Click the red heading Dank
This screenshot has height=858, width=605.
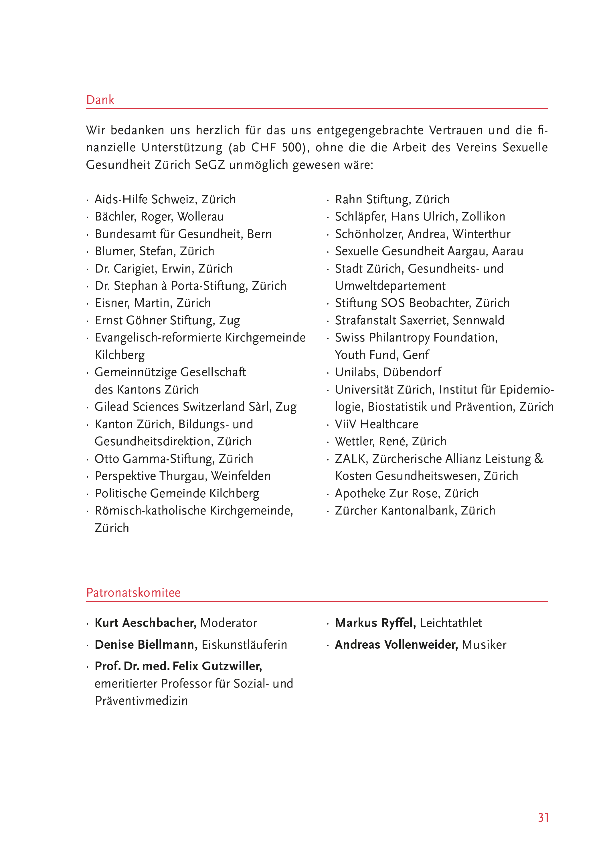(100, 100)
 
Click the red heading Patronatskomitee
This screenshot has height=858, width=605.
(133, 592)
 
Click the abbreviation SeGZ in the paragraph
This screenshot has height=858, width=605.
(210, 164)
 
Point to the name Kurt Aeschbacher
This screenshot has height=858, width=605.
(145, 623)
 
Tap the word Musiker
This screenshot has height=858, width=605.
(484, 645)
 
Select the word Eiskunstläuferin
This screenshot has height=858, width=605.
(244, 645)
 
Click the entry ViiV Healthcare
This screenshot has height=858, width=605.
(377, 424)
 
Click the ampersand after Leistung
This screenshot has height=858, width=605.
(538, 458)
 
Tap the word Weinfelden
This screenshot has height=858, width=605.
(240, 476)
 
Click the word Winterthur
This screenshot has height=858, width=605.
(481, 234)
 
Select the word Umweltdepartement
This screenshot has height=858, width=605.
(390, 286)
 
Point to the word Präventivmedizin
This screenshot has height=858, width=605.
(141, 701)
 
